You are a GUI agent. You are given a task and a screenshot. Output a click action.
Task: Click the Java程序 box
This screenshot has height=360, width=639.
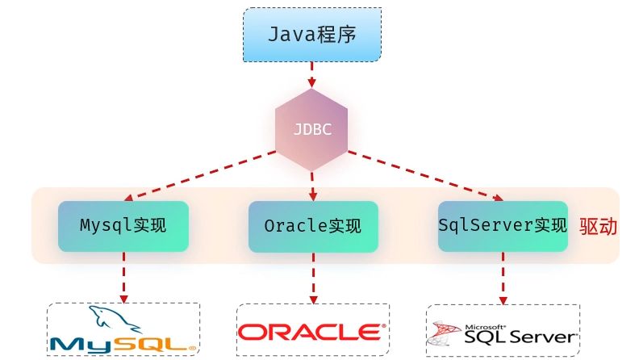312,35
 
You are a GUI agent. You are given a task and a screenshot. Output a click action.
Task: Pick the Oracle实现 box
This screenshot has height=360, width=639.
312,225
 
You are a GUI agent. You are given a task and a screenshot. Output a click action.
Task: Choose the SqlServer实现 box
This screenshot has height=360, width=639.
503,225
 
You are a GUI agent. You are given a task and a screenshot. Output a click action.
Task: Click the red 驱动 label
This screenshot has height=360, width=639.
598,226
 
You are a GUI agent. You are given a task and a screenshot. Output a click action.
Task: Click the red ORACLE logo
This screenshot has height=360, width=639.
311,332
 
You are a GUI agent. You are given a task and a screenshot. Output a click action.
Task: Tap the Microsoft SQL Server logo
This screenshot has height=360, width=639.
502,332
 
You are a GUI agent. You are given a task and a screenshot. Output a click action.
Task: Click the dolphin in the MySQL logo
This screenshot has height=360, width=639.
109,320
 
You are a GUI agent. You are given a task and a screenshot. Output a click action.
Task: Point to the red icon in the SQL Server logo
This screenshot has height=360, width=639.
441,332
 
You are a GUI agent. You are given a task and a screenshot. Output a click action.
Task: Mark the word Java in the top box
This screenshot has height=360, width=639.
289,35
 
